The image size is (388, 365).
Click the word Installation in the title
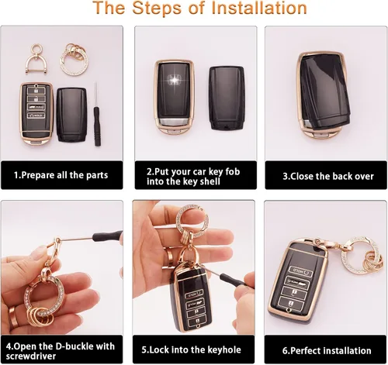pyautogui.click(x=259, y=9)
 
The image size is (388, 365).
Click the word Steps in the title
pyautogui.click(x=157, y=9)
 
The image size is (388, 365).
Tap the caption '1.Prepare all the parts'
pyautogui.click(x=61, y=175)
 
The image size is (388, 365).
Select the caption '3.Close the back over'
pyautogui.click(x=328, y=176)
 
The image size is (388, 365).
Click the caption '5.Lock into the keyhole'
pyautogui.click(x=191, y=350)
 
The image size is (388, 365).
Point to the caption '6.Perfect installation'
pyautogui.click(x=327, y=351)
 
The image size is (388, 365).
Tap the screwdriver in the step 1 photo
pyautogui.click(x=97, y=115)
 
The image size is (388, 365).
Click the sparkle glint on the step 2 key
pyautogui.click(x=175, y=80)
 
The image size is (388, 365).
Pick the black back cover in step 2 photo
pyautogui.click(x=227, y=98)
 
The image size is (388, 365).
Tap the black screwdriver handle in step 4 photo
pyautogui.click(x=108, y=236)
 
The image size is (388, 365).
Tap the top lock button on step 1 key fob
pyautogui.click(x=36, y=91)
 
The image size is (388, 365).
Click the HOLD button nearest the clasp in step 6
pyautogui.click(x=300, y=271)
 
